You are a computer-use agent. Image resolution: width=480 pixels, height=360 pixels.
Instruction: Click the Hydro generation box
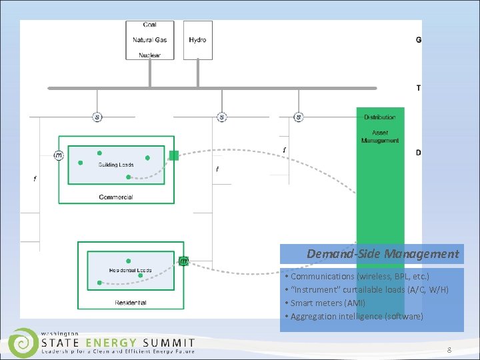198,40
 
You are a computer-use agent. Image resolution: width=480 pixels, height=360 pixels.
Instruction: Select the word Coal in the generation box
150,25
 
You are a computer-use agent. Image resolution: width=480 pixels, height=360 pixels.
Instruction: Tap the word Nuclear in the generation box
150,55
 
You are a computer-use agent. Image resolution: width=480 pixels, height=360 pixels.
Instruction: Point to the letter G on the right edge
419,40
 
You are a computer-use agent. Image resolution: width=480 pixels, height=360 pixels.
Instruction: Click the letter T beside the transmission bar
419,88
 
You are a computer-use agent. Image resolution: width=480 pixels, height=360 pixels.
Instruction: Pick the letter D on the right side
419,153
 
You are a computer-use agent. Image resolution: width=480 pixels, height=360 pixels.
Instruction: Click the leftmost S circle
98,117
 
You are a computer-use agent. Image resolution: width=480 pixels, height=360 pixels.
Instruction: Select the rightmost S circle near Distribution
298,117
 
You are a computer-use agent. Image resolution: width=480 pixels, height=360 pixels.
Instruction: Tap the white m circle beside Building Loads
59,155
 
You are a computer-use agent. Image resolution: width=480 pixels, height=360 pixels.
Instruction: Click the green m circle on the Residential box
183,261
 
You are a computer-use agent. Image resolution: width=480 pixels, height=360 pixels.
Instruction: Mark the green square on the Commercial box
174,155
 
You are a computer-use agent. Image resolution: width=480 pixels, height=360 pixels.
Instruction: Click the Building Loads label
116,165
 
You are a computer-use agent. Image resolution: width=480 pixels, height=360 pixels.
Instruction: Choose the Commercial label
116,197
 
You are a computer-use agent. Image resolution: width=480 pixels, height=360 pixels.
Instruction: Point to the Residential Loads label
131,271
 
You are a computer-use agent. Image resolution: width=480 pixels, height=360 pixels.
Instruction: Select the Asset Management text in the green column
380,137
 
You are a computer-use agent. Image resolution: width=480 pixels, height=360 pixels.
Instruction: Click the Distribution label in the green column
380,117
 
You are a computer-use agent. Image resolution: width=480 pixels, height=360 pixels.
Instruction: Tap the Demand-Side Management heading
383,254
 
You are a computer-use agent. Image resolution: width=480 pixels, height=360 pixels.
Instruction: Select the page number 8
449,350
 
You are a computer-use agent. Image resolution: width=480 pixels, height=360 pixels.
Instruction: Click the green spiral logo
23,341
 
